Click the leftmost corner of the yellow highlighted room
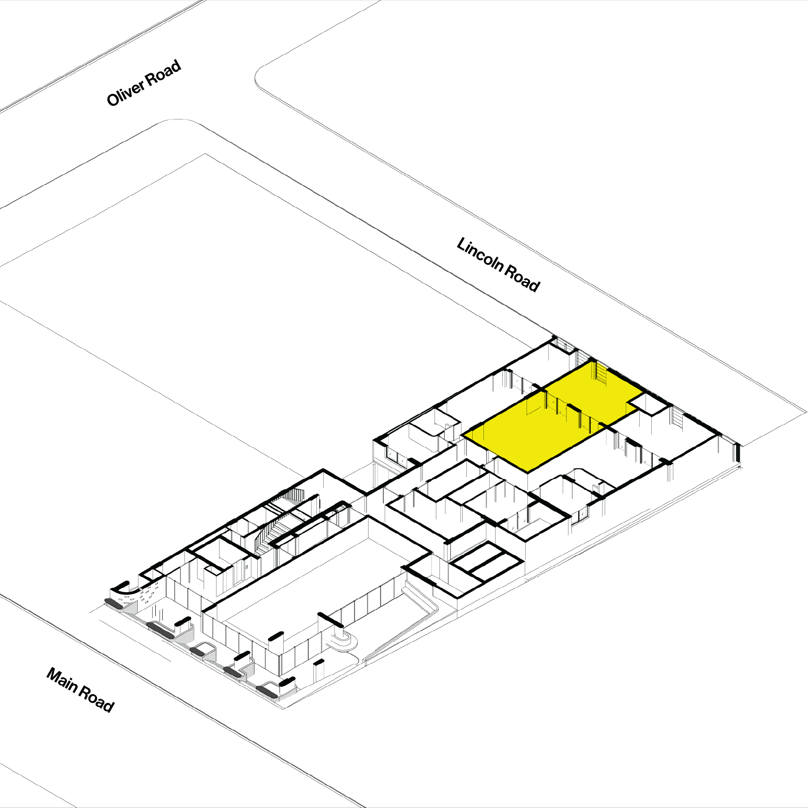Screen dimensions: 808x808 (463, 435)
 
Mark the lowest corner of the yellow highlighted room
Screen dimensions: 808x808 (527, 471)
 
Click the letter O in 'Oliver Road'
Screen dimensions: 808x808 (114, 99)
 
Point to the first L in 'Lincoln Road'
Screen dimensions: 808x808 (462, 246)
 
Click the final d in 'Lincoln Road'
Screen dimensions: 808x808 (534, 285)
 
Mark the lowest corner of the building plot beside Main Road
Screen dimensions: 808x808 (283, 709)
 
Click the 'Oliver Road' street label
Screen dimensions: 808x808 (144, 83)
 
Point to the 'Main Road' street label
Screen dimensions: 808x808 (80, 690)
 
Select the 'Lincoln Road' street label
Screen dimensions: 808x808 (498, 265)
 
